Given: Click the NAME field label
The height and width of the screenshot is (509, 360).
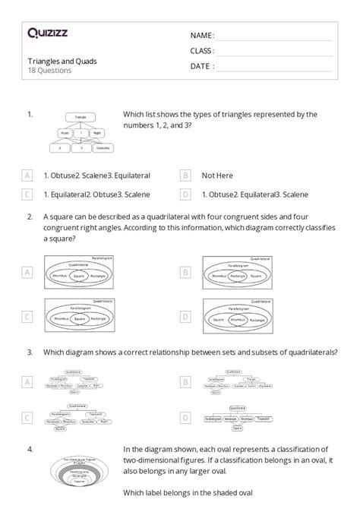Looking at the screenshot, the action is tap(201, 35).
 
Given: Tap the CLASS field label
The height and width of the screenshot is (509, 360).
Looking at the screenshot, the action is tap(202, 51).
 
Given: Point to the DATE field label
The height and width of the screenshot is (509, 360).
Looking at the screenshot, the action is tap(201, 67).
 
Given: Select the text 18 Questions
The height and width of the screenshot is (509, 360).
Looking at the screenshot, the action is tap(49, 71).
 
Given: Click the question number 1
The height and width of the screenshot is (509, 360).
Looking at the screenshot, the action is tap(30, 114).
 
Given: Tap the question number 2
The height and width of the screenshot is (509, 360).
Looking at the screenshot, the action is tap(30, 217).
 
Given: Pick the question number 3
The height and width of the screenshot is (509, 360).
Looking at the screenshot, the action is tap(30, 352).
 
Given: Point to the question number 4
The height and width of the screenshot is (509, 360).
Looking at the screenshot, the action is tap(30, 448).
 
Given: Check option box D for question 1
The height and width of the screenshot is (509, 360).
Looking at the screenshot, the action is tap(185, 194).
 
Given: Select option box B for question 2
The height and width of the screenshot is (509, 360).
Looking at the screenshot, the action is tap(185, 271).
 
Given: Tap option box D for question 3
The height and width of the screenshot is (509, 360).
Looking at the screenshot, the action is tap(185, 417).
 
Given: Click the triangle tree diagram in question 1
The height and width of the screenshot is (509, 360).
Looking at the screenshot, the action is tap(78, 133).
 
